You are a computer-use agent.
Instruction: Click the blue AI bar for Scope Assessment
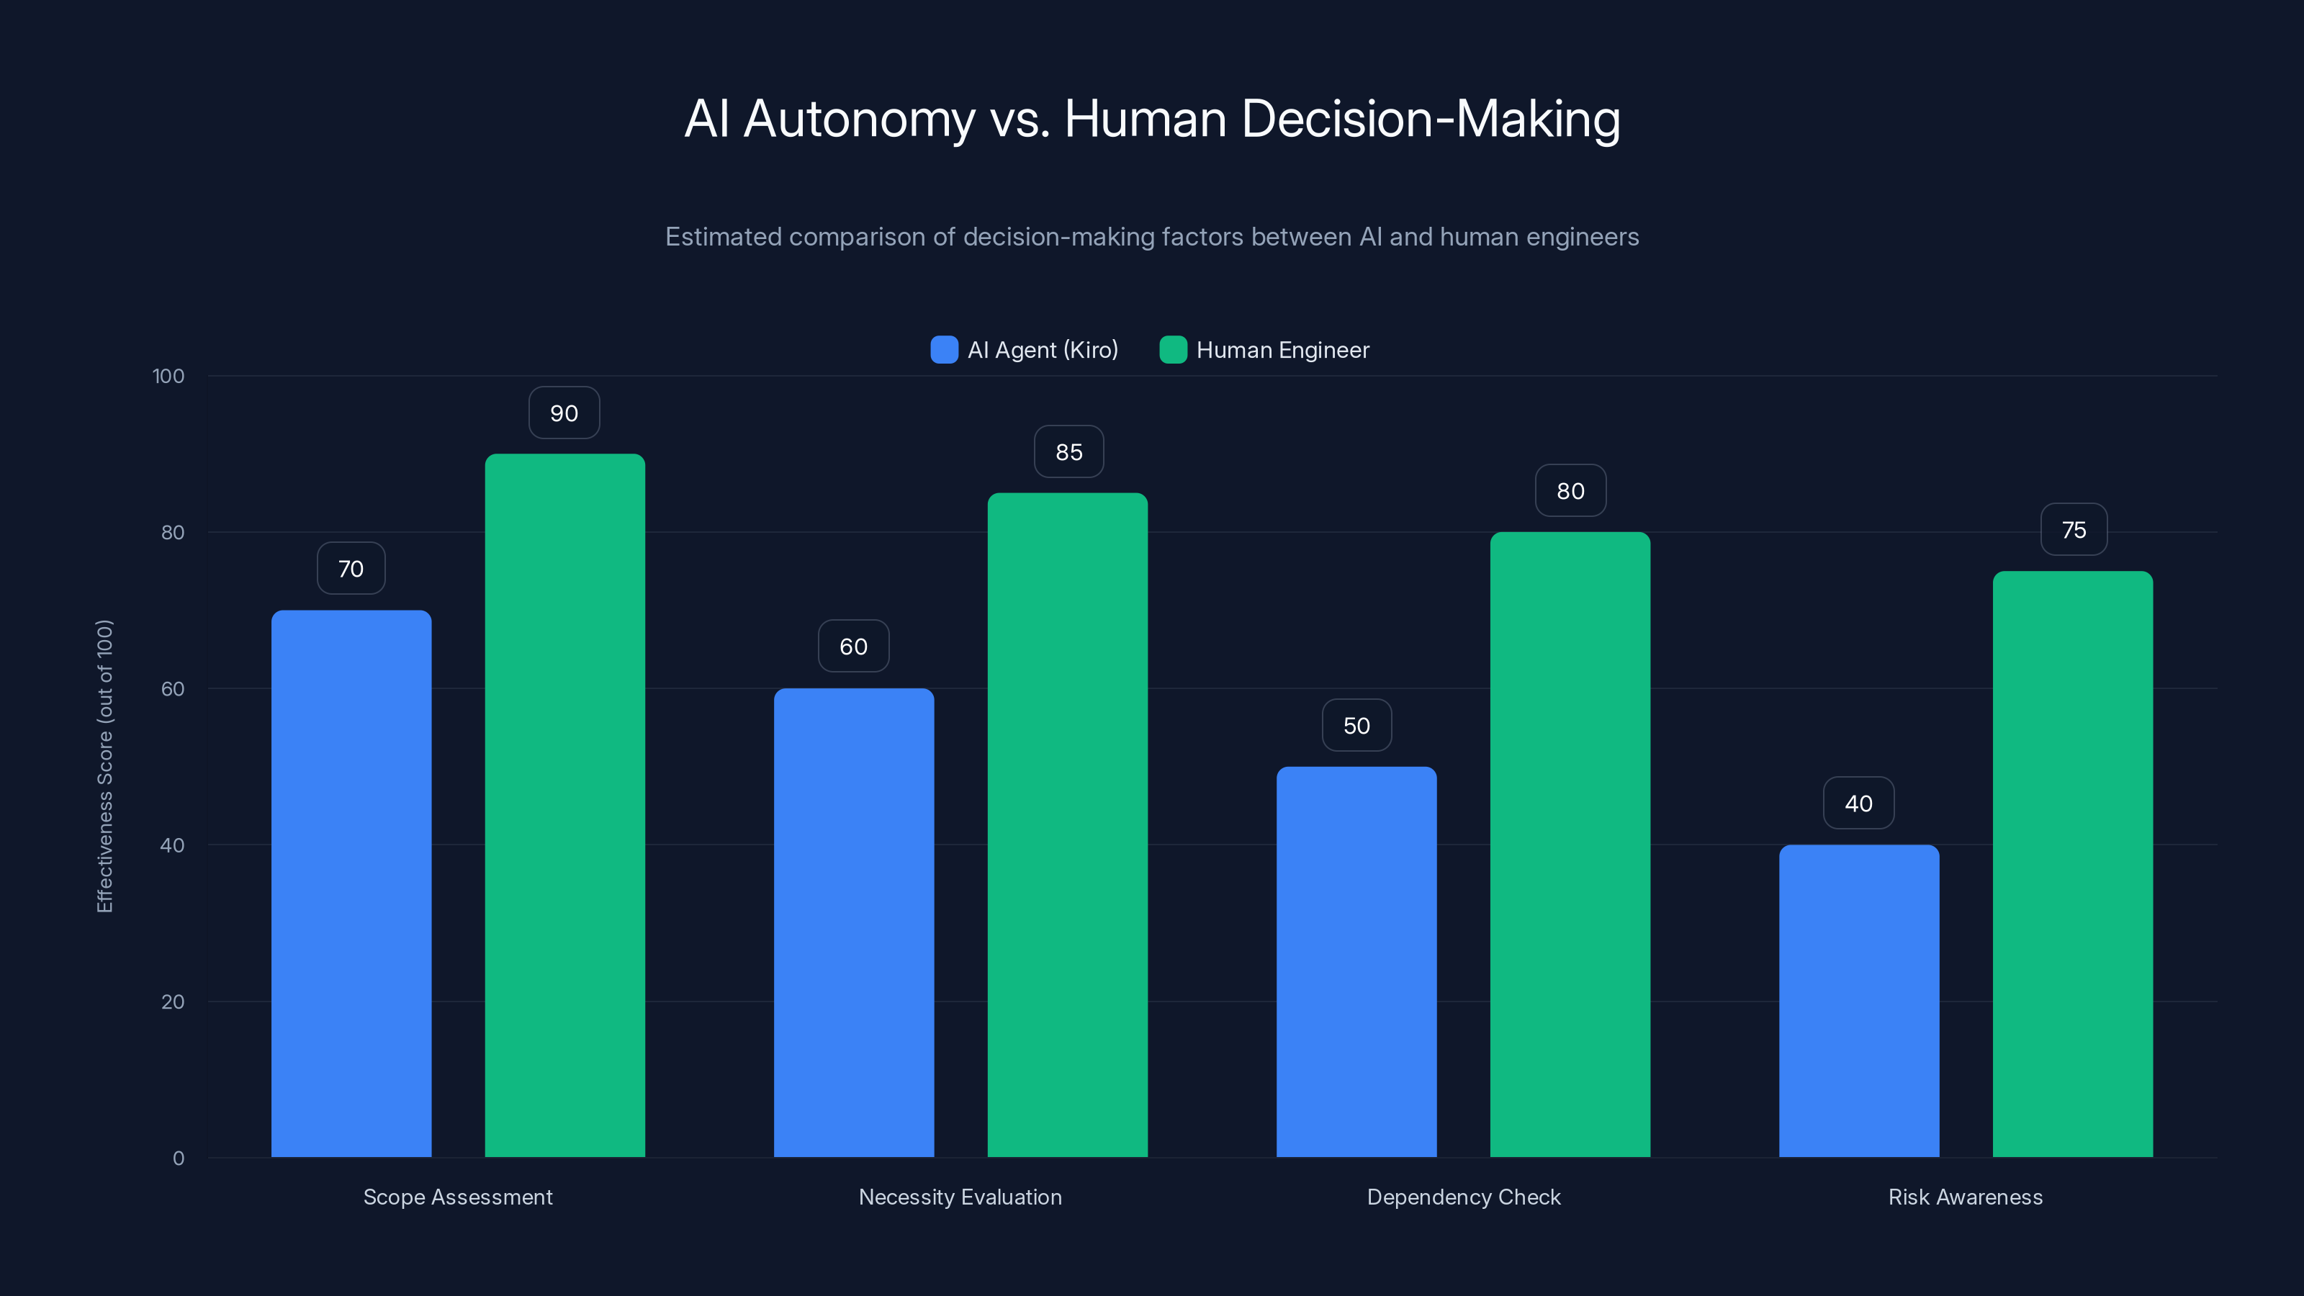pyautogui.click(x=351, y=883)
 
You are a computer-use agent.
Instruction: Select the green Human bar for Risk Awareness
pyautogui.click(x=2072, y=864)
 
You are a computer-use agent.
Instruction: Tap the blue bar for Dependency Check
pyautogui.click(x=1356, y=961)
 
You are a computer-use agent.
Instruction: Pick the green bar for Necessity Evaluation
pyautogui.click(x=1067, y=824)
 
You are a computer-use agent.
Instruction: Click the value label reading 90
pyautogui.click(x=564, y=413)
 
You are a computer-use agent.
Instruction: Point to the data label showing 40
pyautogui.click(x=1858, y=804)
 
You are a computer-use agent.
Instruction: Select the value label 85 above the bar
pyautogui.click(x=1068, y=453)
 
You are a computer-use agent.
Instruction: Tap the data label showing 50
pyautogui.click(x=1356, y=725)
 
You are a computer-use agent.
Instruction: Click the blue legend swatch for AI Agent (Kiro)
pyautogui.click(x=944, y=350)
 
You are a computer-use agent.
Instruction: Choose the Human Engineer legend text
pyautogui.click(x=1282, y=350)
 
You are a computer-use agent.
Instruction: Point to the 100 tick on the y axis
pyautogui.click(x=168, y=376)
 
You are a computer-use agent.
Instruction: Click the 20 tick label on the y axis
pyautogui.click(x=173, y=1002)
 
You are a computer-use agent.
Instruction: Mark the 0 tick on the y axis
pyautogui.click(x=178, y=1158)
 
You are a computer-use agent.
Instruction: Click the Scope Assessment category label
pyautogui.click(x=457, y=1197)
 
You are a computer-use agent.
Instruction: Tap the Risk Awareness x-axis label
pyautogui.click(x=1965, y=1197)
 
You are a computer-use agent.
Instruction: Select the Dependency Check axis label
pyautogui.click(x=1463, y=1197)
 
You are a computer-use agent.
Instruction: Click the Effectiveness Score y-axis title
pyautogui.click(x=104, y=767)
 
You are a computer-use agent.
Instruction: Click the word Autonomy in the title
pyautogui.click(x=859, y=119)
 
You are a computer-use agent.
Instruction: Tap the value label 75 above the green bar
pyautogui.click(x=2074, y=531)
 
